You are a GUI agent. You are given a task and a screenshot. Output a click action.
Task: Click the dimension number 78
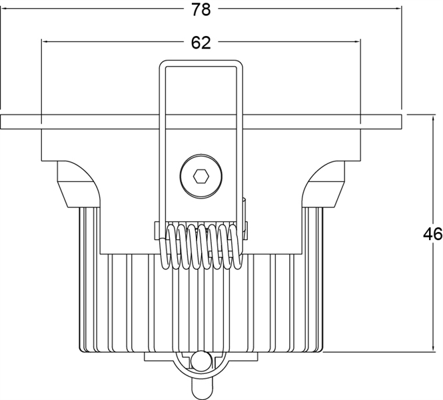click(x=201, y=9)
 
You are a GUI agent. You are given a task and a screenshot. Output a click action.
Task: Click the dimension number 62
click(x=201, y=43)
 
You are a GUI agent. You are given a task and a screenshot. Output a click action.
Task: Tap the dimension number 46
click(x=432, y=234)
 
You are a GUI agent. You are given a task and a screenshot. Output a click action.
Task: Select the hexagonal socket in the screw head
click(x=201, y=177)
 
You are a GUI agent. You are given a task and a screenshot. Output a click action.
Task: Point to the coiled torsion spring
click(x=201, y=246)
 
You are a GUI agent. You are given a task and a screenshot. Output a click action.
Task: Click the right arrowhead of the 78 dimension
click(x=398, y=9)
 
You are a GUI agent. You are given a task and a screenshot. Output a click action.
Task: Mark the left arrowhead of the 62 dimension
click(x=45, y=42)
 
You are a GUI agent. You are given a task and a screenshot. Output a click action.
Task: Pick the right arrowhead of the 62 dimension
click(x=357, y=42)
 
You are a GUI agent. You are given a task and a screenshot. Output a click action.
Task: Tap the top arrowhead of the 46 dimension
click(x=433, y=119)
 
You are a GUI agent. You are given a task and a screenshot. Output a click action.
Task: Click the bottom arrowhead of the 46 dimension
click(x=433, y=348)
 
